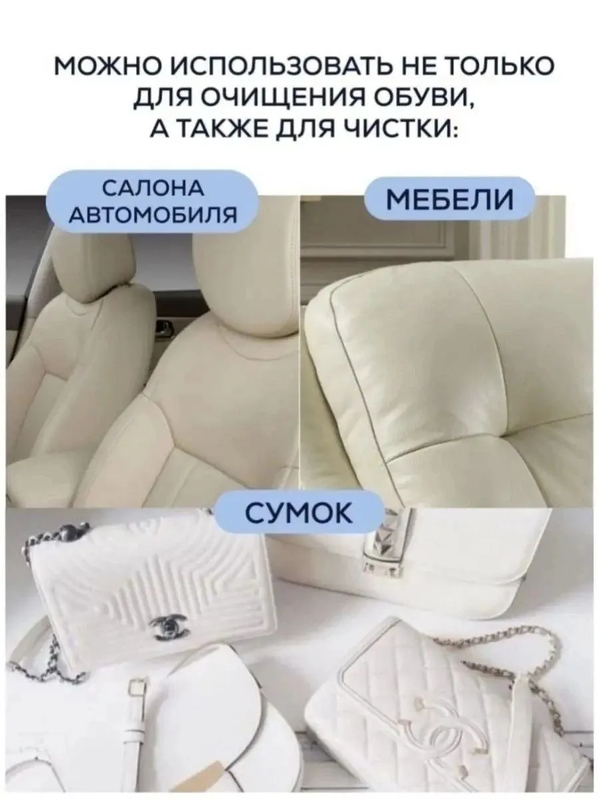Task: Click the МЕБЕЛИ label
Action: point(451,199)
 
